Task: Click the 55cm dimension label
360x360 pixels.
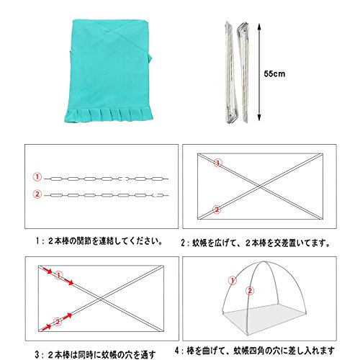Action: coord(274,73)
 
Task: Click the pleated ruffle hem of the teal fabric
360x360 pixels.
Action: coord(109,115)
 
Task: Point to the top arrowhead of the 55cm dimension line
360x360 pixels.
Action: coord(259,26)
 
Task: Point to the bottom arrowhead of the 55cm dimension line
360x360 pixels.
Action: coord(259,117)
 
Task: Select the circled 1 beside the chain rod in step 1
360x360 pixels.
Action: coord(37,177)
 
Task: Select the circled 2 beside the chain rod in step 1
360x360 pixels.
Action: coord(37,194)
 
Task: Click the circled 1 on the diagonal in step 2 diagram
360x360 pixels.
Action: coord(218,163)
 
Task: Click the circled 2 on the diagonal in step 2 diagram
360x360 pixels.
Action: coord(217,210)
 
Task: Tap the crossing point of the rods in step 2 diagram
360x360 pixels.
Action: coord(260,186)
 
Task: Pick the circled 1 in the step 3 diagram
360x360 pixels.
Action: coord(59,275)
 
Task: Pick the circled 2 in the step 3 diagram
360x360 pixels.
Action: coord(58,321)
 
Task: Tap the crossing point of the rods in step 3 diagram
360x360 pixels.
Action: coord(101,299)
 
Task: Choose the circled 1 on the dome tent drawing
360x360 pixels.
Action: coord(233,280)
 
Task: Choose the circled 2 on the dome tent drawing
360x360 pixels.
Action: coord(250,291)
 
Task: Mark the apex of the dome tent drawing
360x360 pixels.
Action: coord(264,261)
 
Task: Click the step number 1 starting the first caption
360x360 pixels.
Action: coord(37,241)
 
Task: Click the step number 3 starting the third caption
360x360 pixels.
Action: coord(37,354)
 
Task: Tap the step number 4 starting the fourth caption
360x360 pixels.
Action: coord(177,351)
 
